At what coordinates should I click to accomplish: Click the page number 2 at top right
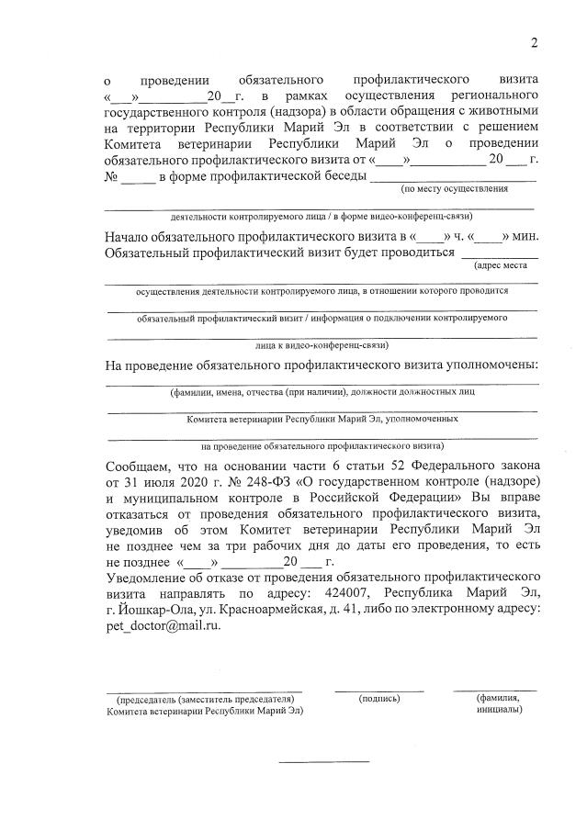coord(534,43)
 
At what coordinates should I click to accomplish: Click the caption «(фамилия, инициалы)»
coord(499,703)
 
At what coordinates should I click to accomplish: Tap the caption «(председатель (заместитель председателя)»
coord(204,698)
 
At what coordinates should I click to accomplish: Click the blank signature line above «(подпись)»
coord(379,689)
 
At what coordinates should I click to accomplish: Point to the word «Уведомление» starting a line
coord(152,577)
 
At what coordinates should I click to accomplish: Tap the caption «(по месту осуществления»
coord(454,188)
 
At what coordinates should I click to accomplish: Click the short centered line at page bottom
coord(323,760)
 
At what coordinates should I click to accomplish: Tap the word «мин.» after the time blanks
coord(525,235)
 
